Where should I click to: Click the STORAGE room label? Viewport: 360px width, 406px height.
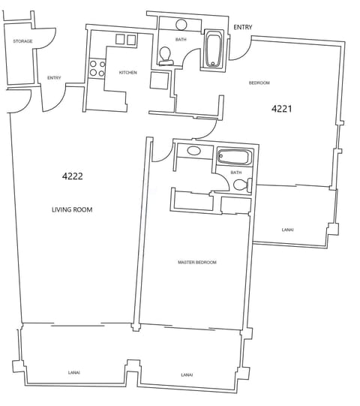coord(22,41)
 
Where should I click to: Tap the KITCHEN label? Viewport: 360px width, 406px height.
coord(128,73)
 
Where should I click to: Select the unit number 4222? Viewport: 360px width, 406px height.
coord(72,176)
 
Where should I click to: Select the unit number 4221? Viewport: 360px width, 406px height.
coord(281,109)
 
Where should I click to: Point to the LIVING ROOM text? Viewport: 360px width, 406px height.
coord(72,210)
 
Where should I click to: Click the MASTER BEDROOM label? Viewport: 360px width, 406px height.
coord(197,263)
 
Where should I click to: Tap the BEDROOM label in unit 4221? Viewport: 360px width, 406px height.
coord(259,83)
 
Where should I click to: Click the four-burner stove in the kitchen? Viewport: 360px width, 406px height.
coord(97,68)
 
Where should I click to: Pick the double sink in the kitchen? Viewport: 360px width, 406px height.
coord(125,40)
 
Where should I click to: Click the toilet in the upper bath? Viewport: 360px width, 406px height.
coord(166,55)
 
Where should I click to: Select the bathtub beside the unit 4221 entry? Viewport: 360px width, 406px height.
coord(214,51)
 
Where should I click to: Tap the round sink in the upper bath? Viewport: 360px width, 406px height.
coord(181,25)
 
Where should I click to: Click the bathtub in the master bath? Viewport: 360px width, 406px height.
coord(235,157)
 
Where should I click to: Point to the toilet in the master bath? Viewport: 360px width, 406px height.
coord(241,185)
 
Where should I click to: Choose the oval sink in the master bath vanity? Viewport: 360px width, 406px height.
coord(194,151)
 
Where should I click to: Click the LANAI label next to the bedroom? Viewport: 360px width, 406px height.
coord(288,230)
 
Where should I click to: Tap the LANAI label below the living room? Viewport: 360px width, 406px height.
coord(73,372)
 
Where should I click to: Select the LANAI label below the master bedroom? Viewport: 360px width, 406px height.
coord(187,374)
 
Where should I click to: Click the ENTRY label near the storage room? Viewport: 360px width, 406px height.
coord(54,78)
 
